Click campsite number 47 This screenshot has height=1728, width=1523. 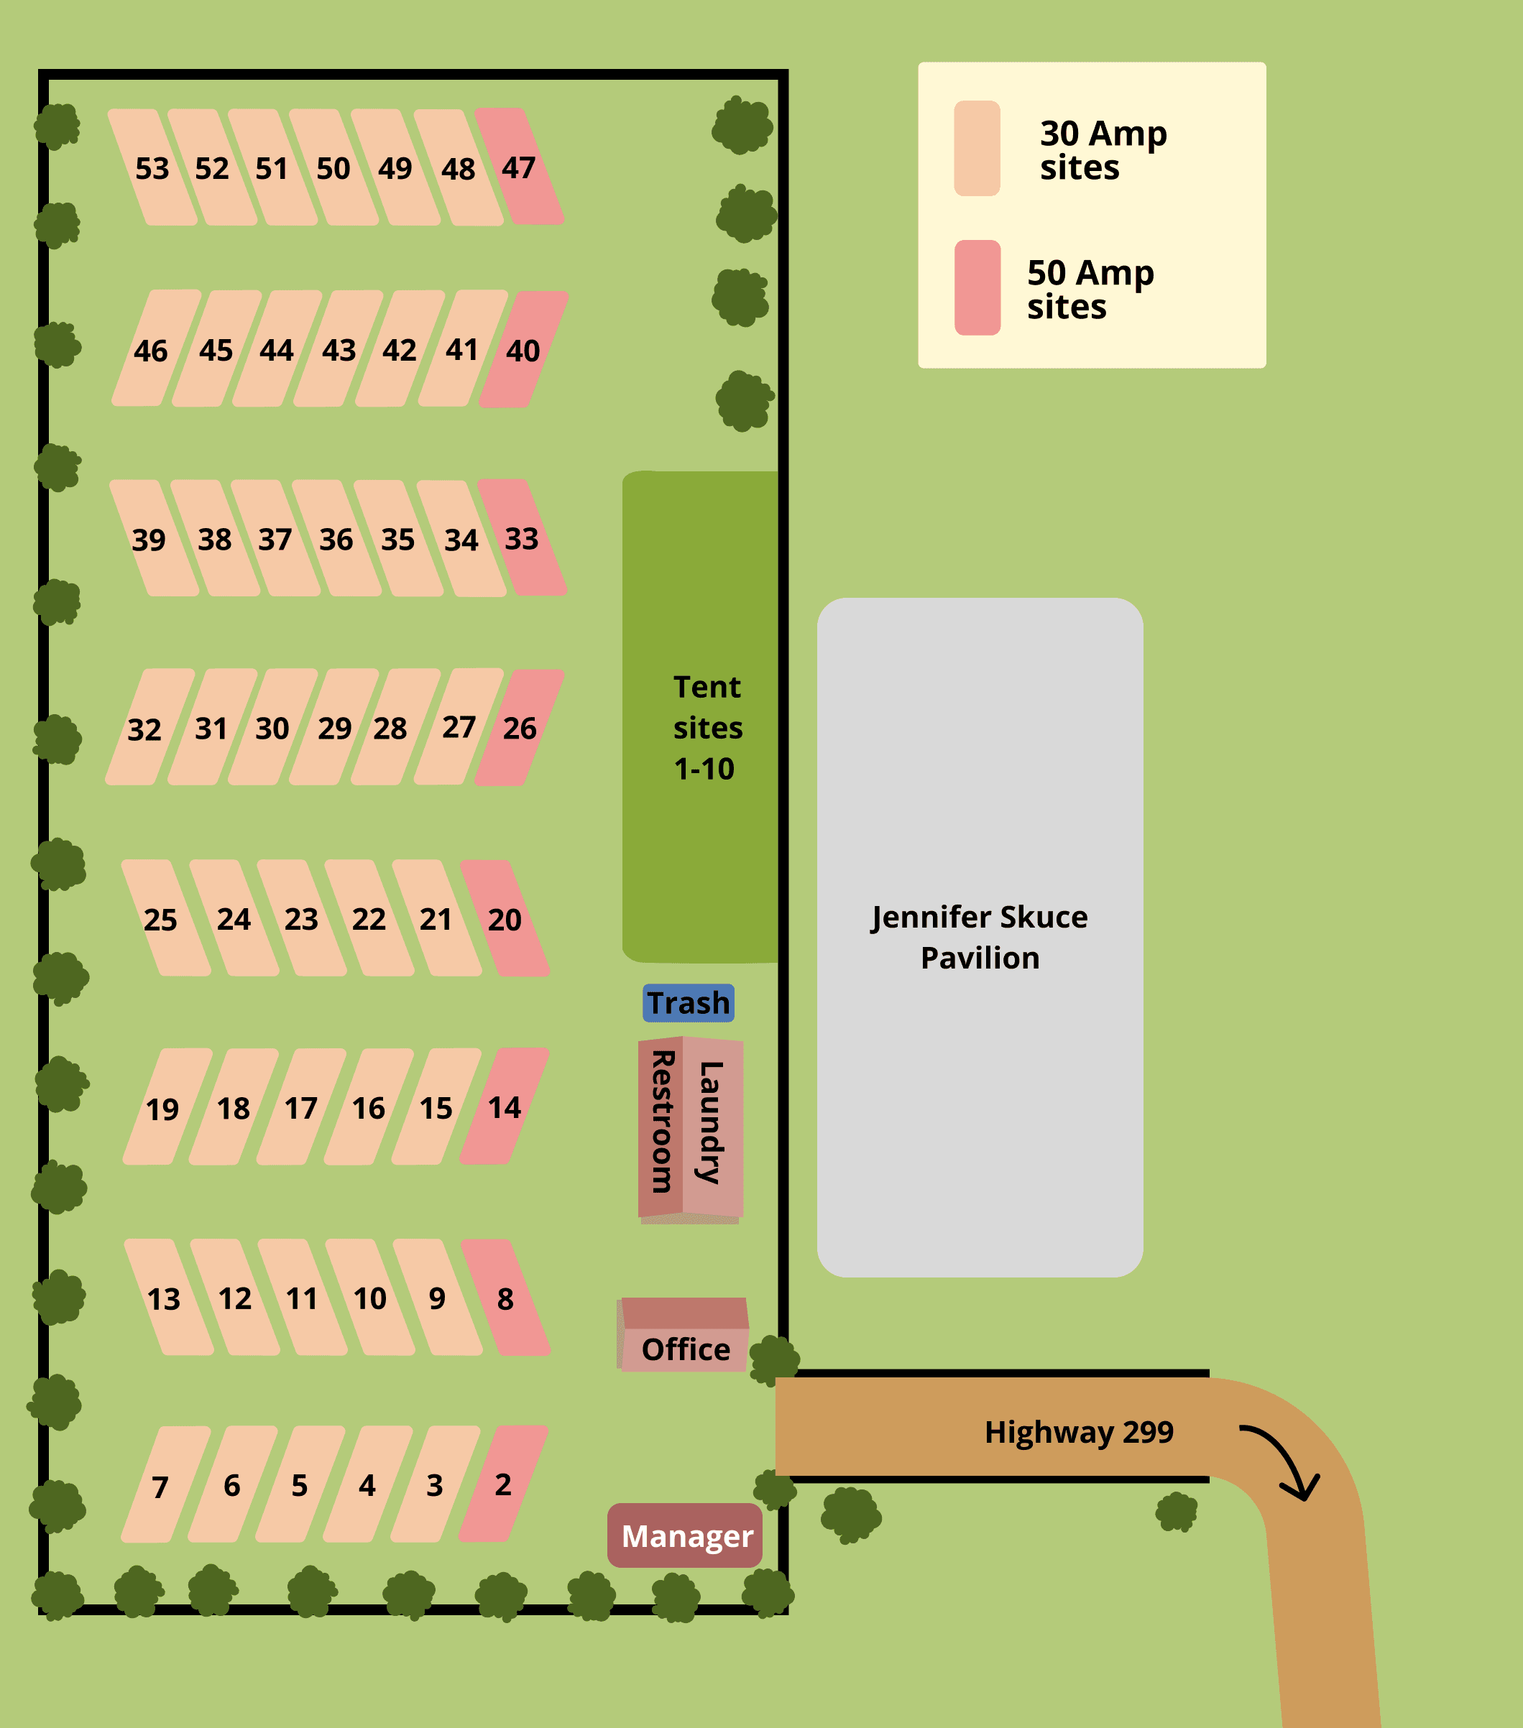519,167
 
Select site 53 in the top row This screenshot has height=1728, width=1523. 152,168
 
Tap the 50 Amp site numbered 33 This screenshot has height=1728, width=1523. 522,539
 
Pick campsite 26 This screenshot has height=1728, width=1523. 519,728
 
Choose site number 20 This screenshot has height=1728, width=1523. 505,919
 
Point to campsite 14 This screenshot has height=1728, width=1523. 504,1107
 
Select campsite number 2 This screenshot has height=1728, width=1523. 503,1484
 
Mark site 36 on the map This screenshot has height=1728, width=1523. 336,540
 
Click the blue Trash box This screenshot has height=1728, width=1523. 689,1002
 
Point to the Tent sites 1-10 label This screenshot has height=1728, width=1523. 707,728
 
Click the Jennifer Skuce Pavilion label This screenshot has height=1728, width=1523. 979,937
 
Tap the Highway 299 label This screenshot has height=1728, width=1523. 1078,1432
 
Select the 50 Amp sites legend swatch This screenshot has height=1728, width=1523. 977,287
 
